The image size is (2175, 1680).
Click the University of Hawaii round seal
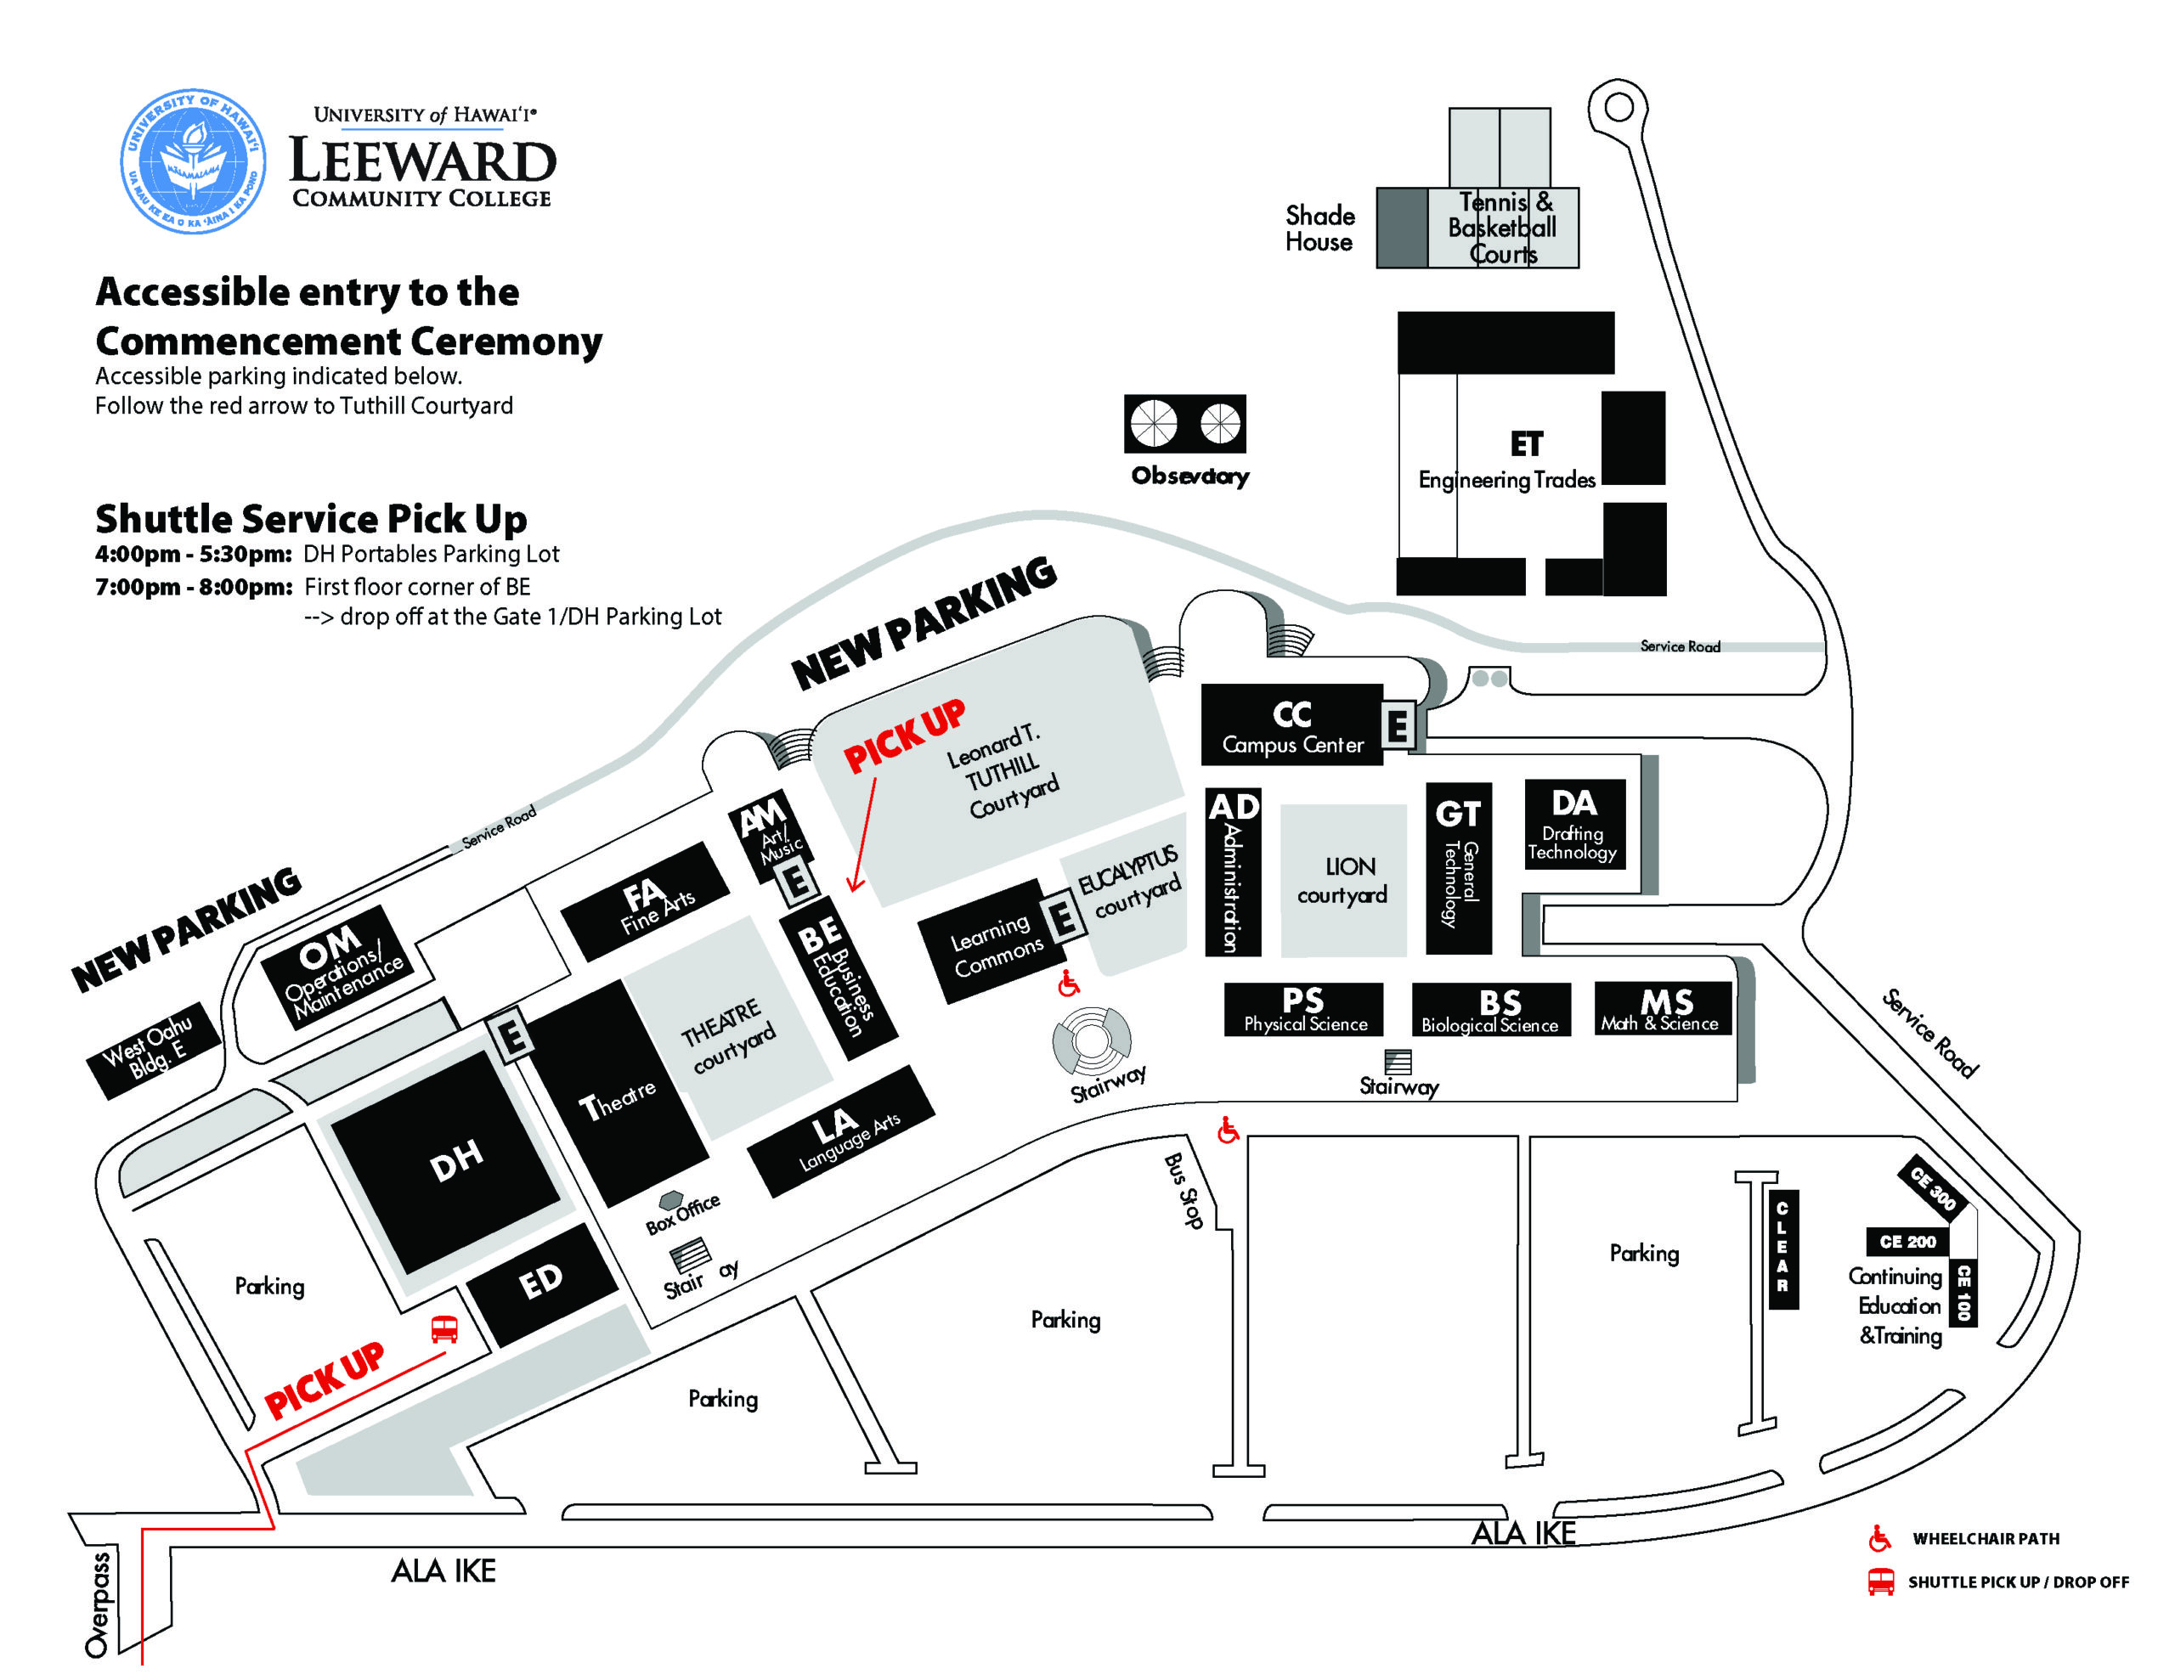coord(192,161)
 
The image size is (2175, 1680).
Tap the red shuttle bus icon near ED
coord(444,1328)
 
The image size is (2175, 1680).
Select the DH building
coord(445,1161)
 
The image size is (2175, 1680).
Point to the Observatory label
coord(1190,476)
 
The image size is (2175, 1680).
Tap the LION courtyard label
coord(1342,880)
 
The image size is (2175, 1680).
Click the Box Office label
coord(682,1214)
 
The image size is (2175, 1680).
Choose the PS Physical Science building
coord(1303,1009)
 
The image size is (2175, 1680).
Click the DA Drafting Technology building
coord(1574,825)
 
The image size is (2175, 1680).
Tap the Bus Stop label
coord(1184,1190)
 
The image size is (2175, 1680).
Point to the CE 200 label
coord(1907,1242)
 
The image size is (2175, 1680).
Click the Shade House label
coord(1319,229)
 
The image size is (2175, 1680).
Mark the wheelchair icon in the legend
coord(1879,1537)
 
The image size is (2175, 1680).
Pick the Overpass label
coord(98,1604)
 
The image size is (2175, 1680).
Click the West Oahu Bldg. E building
coord(154,1050)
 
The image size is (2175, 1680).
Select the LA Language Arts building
coord(841,1131)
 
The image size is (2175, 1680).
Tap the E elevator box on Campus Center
coord(1398,725)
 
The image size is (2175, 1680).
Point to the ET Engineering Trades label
coord(1506,460)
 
